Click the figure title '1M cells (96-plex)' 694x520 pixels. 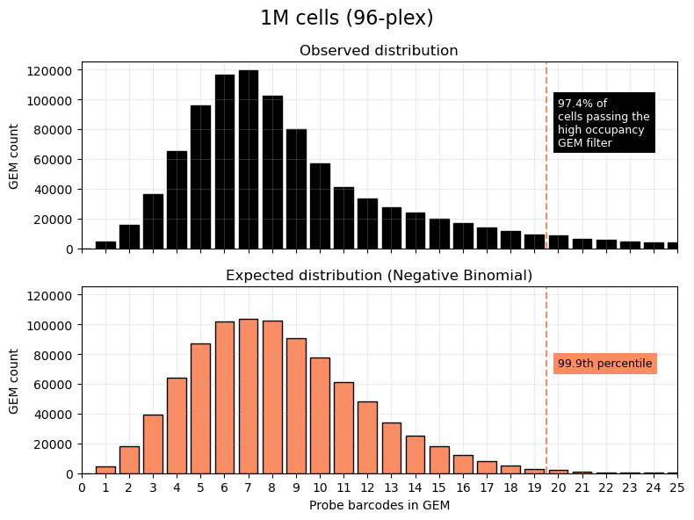coord(347,18)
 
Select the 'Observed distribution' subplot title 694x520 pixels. coord(379,51)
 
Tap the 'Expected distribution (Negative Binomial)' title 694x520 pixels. coord(379,276)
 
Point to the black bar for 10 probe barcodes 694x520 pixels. coord(320,206)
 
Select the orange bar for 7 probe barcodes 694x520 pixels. coord(249,396)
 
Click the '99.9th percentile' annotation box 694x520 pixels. coord(605,364)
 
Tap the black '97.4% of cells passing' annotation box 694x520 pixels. coord(604,123)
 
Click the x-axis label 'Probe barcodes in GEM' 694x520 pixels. coord(379,506)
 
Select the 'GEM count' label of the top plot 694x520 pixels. coord(14,155)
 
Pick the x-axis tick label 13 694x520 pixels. coord(391,488)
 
